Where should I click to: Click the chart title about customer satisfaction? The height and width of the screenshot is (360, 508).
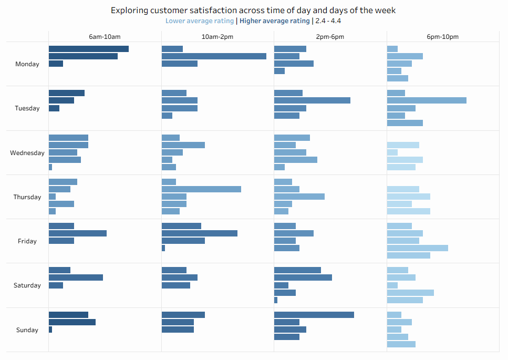pos(253,10)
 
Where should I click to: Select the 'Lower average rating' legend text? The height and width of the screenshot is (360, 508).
pos(200,21)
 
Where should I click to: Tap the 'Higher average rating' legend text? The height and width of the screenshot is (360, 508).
pos(274,21)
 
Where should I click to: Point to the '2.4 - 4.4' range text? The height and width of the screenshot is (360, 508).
pos(328,21)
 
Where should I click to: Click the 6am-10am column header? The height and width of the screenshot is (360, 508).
pos(105,37)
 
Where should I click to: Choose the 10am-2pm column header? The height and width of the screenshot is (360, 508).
pos(217,37)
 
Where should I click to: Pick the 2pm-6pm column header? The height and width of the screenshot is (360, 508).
pos(330,37)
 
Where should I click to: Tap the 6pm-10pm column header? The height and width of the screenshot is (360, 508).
pos(443,37)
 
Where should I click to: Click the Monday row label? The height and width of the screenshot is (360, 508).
pos(27,64)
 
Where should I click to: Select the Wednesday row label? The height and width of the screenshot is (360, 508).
pos(27,153)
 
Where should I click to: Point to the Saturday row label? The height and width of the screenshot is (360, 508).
pos(27,285)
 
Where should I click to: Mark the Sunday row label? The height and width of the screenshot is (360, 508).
pos(27,330)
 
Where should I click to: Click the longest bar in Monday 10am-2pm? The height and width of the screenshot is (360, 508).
pos(214,56)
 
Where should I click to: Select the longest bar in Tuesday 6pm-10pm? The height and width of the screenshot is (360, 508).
pos(427,100)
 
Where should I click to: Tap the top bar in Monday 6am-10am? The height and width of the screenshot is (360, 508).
pos(89,49)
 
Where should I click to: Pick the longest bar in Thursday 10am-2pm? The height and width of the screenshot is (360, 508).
pos(201,189)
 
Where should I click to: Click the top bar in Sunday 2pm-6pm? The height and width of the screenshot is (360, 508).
pos(314,315)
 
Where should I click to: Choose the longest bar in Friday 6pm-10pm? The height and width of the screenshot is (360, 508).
pos(418,248)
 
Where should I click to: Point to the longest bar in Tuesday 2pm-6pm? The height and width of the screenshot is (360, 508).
pos(312,100)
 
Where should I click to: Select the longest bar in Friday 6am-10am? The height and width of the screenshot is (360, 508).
pos(78,233)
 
